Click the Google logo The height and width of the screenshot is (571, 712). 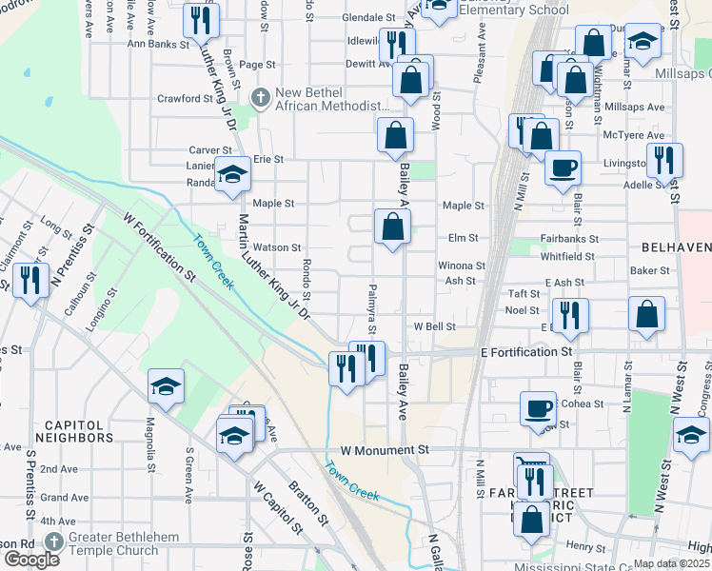click(x=30, y=560)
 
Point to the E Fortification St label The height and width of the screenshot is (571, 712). click(x=526, y=352)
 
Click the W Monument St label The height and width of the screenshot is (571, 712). click(x=380, y=449)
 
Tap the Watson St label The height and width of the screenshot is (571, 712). click(x=276, y=247)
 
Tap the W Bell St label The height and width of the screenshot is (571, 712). click(x=434, y=326)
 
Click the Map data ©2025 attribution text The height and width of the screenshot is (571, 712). click(x=671, y=563)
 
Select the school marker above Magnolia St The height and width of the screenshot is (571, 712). click(x=167, y=385)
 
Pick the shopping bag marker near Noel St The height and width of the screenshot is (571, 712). click(x=647, y=316)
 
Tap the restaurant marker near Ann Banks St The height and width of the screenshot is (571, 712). click(x=201, y=20)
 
